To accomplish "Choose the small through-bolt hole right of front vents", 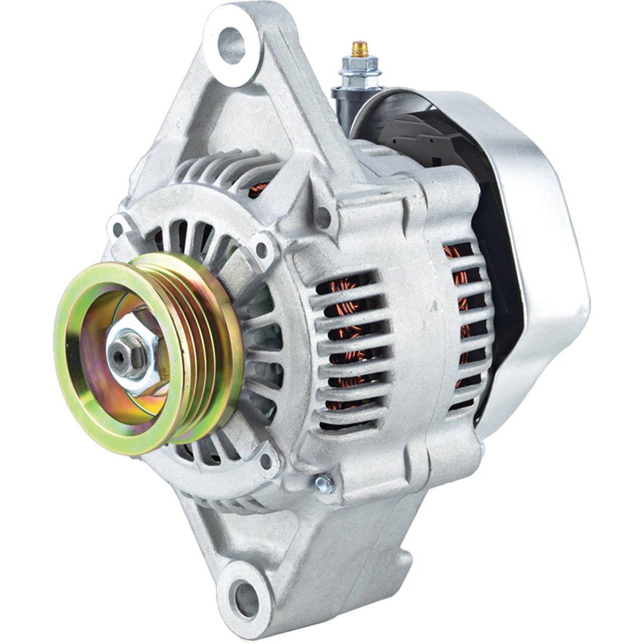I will (x=262, y=248).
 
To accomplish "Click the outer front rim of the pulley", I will (x=70, y=372).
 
